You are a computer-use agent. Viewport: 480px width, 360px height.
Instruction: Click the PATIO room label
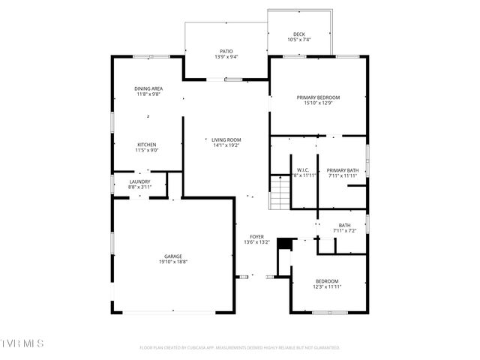point(226,52)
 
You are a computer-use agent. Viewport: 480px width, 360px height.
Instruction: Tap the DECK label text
point(299,34)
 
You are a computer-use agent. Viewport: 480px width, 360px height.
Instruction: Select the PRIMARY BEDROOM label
point(318,97)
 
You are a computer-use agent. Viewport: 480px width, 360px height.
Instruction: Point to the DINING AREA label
point(148,88)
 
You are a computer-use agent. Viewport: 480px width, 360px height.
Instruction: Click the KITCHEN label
point(146,145)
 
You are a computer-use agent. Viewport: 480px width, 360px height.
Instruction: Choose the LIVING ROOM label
point(226,139)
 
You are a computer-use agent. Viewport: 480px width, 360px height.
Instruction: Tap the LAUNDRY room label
point(139,181)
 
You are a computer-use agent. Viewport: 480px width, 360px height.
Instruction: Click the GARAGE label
point(173,256)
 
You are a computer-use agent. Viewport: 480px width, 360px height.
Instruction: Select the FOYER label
point(256,237)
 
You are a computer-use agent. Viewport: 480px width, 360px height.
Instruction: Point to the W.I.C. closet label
point(303,169)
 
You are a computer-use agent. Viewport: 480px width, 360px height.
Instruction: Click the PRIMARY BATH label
point(343,169)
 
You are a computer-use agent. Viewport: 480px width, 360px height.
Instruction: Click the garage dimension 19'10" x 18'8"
point(173,262)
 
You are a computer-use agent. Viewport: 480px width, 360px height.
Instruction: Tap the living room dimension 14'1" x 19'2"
point(226,145)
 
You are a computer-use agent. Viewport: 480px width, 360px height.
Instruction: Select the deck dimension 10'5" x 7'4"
point(299,40)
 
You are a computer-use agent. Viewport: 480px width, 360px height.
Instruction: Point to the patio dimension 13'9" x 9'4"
point(226,58)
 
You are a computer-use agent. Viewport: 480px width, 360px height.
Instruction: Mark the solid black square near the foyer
point(284,244)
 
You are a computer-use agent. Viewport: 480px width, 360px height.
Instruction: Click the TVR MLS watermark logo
point(22,343)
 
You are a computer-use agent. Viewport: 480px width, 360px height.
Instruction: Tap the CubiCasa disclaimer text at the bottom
point(240,348)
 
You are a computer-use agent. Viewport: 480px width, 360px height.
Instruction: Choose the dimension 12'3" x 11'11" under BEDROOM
point(327,287)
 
